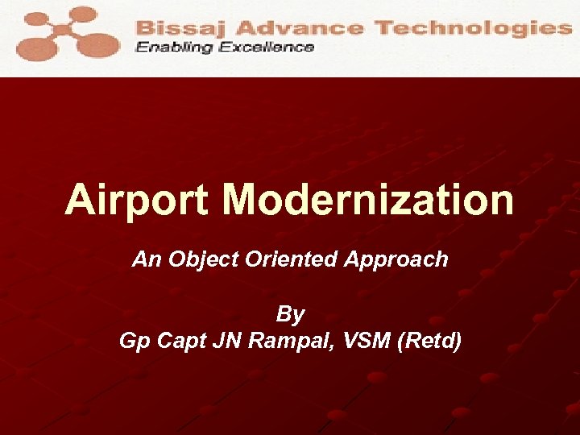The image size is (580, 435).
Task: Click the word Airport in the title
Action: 138,200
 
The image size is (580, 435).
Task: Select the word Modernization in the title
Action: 368,200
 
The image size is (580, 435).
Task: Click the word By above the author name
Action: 290,313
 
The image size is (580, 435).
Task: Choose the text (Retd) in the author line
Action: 430,342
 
